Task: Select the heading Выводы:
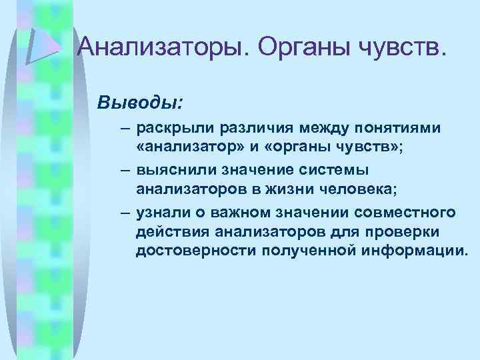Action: (139, 104)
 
